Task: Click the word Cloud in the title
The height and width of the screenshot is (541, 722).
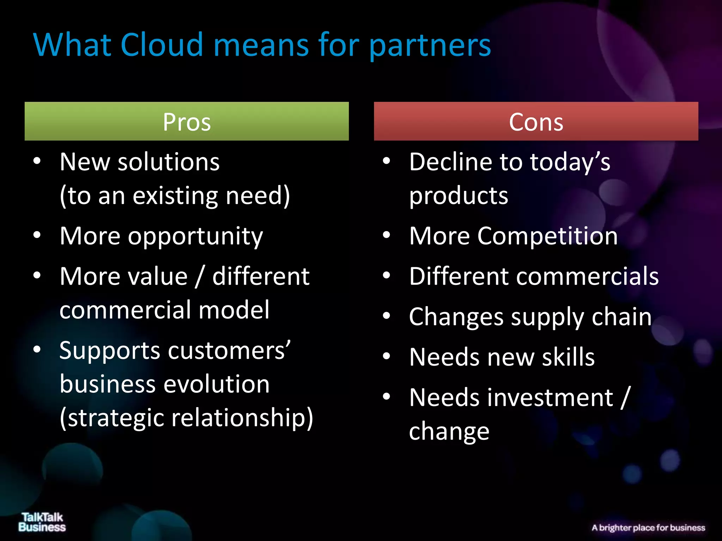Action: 162,45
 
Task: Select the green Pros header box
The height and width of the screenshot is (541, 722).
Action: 186,122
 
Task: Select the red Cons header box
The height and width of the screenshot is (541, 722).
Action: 536,122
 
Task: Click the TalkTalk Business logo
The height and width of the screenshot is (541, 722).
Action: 42,522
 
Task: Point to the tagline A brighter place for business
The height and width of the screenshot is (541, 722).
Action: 648,528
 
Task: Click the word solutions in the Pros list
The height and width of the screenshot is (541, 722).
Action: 169,162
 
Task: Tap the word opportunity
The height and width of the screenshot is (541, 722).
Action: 195,237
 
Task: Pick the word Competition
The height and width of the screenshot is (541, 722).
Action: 547,236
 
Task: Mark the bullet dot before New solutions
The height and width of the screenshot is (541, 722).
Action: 37,161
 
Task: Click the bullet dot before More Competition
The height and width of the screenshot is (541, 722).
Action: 387,235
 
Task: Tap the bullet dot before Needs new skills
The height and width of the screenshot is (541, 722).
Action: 387,356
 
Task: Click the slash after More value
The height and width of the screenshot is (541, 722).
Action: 200,276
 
